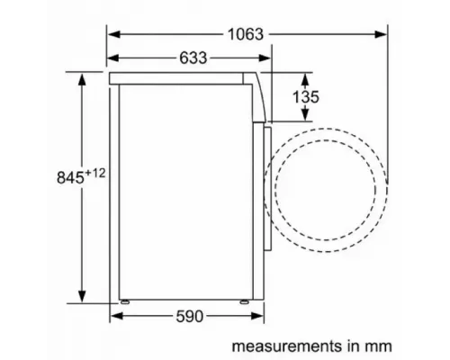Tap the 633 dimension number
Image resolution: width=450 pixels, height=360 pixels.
(x=192, y=58)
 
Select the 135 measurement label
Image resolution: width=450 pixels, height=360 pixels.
(x=305, y=96)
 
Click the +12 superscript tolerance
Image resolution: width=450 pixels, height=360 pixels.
(x=96, y=170)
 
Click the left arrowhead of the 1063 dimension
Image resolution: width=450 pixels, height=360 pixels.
(x=114, y=34)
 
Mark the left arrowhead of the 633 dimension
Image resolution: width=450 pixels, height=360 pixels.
(x=114, y=58)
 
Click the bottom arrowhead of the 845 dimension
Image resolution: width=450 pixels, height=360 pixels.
(x=83, y=297)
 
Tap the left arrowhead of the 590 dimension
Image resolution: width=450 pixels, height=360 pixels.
(x=114, y=317)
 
